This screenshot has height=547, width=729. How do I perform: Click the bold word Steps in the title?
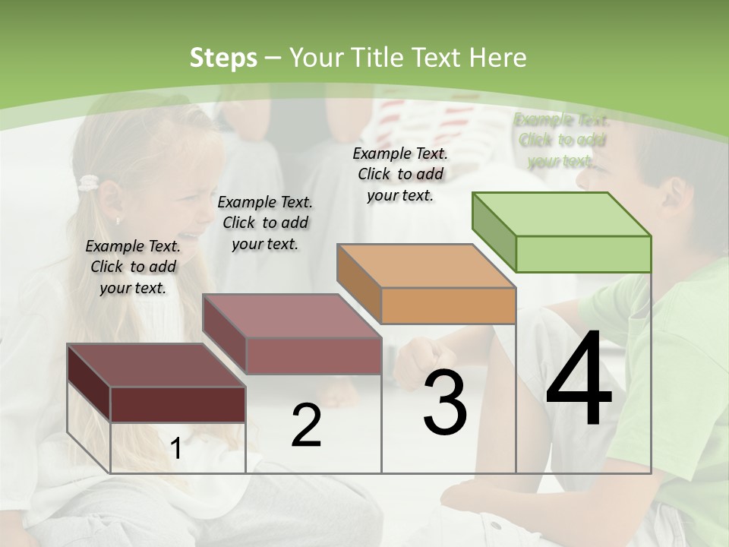pyautogui.click(x=223, y=58)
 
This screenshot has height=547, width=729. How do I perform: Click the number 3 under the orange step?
pyautogui.click(x=445, y=403)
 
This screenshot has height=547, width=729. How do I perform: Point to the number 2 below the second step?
pyautogui.click(x=306, y=425)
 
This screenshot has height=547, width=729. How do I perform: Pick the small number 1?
pyautogui.click(x=176, y=448)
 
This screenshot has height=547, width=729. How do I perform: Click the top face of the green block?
pyautogui.click(x=560, y=214)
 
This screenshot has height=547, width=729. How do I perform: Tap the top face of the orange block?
pyautogui.click(x=425, y=266)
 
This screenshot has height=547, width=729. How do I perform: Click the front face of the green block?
pyautogui.click(x=583, y=254)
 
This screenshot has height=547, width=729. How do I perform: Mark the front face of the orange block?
pyautogui.click(x=448, y=305)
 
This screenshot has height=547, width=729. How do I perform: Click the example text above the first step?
pyautogui.click(x=133, y=267)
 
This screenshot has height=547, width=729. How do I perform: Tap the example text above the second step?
pyautogui.click(x=265, y=223)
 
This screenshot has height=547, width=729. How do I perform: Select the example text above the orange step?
pyautogui.click(x=400, y=174)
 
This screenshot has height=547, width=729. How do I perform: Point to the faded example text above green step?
pyautogui.click(x=562, y=141)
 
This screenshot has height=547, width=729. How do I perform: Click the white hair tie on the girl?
pyautogui.click(x=89, y=182)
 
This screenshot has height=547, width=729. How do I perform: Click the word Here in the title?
pyautogui.click(x=498, y=58)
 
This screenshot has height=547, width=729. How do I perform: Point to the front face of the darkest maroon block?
pyautogui.click(x=178, y=403)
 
